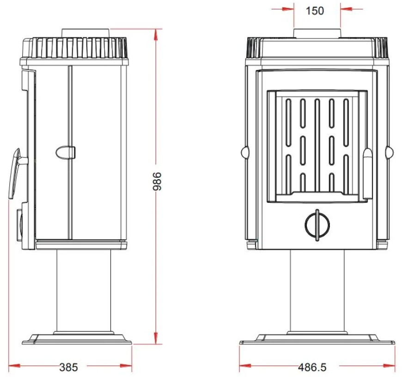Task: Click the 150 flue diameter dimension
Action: pos(315,11)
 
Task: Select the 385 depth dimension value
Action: pos(68,367)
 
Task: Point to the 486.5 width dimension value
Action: pos(312,367)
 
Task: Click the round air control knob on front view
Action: pos(317,225)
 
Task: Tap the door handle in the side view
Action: pos(15,173)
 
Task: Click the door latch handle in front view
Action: pos(368,174)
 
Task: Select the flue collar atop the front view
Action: pos(317,34)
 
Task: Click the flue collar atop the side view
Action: pos(86,33)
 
